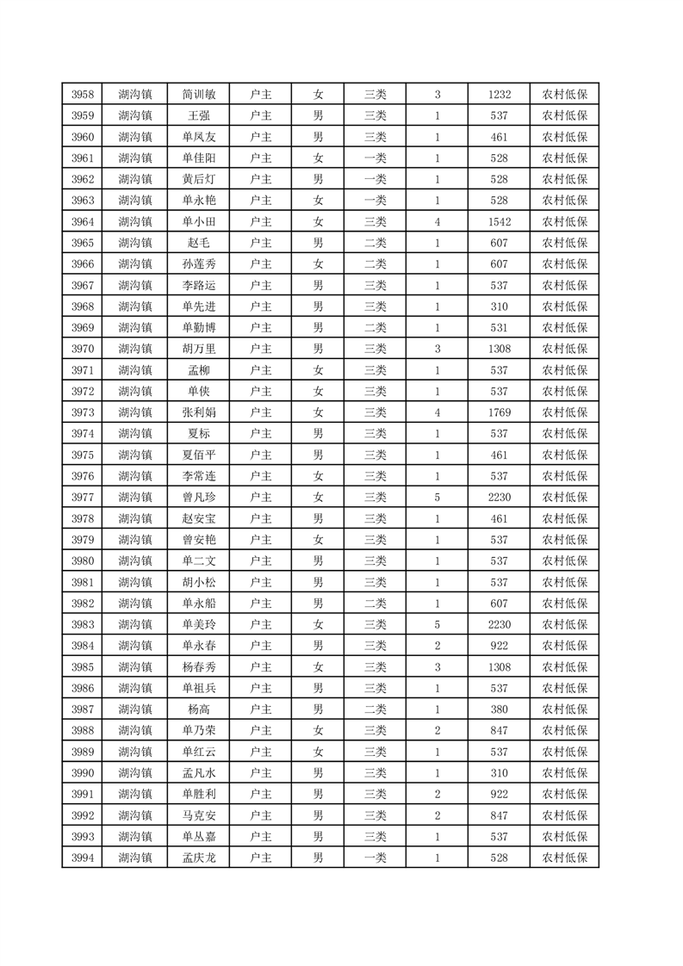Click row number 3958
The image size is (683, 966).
click(82, 95)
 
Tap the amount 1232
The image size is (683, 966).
click(500, 95)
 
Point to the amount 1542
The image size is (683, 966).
click(500, 221)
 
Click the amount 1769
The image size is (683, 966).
click(500, 412)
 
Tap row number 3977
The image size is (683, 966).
click(82, 497)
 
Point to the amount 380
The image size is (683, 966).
click(500, 709)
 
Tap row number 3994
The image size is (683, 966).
click(82, 858)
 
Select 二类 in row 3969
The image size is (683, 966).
click(375, 327)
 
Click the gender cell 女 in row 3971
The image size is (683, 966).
click(318, 370)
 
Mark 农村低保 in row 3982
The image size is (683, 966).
click(564, 603)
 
